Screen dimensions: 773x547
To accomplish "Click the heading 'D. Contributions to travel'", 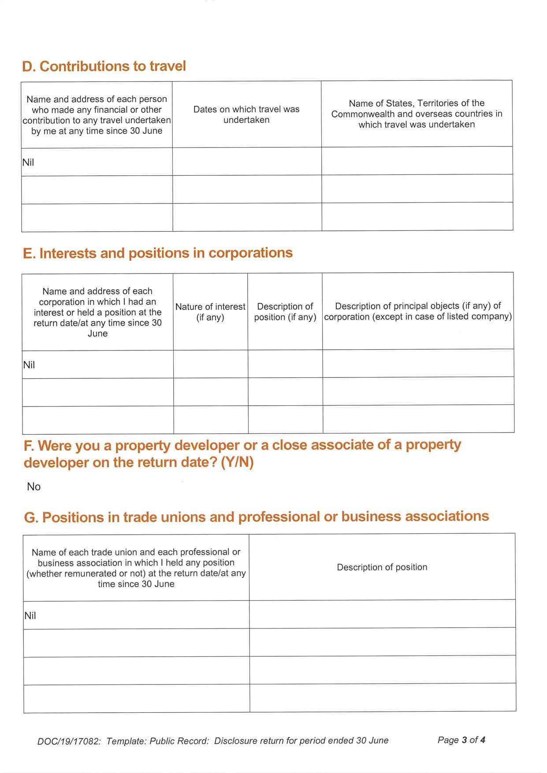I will (x=104, y=66).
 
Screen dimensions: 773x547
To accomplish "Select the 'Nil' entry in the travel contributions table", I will (x=28, y=163).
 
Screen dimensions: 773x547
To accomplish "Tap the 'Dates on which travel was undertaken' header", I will (x=246, y=115).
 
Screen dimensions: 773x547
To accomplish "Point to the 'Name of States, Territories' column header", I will (x=417, y=114).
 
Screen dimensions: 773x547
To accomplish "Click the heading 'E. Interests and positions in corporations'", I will (x=158, y=253).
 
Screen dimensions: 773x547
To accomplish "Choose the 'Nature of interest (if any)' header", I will (x=210, y=312).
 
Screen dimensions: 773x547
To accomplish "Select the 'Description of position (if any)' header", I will (x=285, y=312).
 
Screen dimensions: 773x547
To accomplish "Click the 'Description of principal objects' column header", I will (x=418, y=311).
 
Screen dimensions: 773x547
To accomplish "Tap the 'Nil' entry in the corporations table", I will (x=29, y=365).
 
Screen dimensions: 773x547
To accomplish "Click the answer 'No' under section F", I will (x=34, y=487).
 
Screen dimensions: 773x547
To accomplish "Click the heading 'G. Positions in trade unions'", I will (x=256, y=517).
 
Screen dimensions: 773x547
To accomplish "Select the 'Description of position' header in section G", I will (x=382, y=567).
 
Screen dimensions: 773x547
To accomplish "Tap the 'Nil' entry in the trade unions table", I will (x=30, y=616).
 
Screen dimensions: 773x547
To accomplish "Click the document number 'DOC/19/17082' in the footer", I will (x=69, y=741).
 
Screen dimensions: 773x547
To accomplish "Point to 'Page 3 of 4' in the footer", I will (x=461, y=740).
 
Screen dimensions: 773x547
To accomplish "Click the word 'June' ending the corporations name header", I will (x=97, y=333).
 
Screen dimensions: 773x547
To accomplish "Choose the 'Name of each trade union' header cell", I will (x=136, y=568).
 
